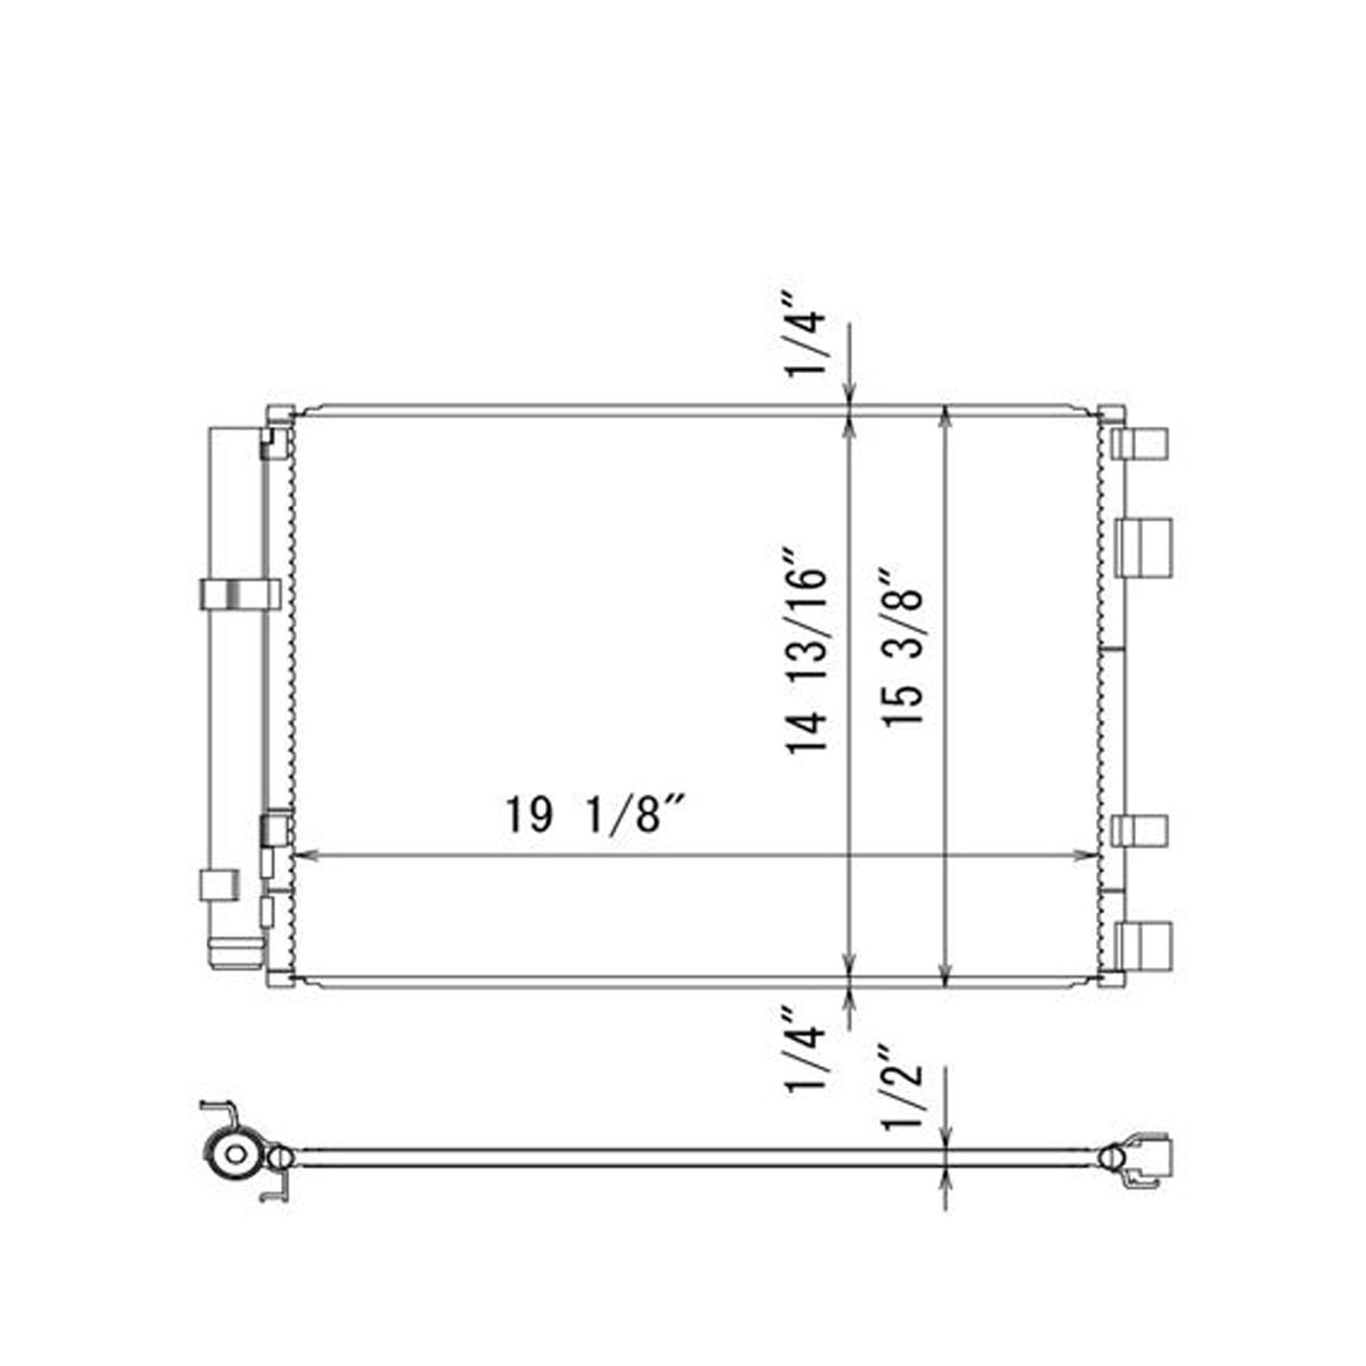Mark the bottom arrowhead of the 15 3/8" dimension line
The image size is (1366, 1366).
[946, 977]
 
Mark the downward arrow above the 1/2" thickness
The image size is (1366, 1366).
[946, 1134]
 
